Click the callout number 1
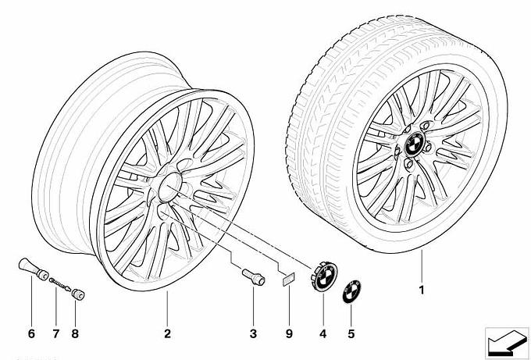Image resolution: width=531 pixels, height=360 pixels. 422,290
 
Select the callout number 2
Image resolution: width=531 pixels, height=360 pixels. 167,333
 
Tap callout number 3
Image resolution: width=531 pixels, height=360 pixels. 253,333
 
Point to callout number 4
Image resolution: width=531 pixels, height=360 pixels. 323,333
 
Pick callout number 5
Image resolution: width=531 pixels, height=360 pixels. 351,333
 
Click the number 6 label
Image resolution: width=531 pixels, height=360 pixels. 31,333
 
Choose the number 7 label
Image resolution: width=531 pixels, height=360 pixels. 56,333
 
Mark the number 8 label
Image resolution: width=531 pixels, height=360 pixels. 75,333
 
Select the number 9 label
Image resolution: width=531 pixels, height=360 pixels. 289,333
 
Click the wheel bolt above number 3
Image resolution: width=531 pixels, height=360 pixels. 253,276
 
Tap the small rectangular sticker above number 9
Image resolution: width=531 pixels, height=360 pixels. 289,280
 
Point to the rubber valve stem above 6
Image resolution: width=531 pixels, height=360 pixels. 33,269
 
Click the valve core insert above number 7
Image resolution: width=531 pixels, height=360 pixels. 60,284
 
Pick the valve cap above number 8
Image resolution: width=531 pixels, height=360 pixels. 78,294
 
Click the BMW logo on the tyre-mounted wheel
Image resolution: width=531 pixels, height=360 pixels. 415,144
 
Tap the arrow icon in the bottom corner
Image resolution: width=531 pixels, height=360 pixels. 507,343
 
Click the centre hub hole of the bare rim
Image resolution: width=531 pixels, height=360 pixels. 170,187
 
